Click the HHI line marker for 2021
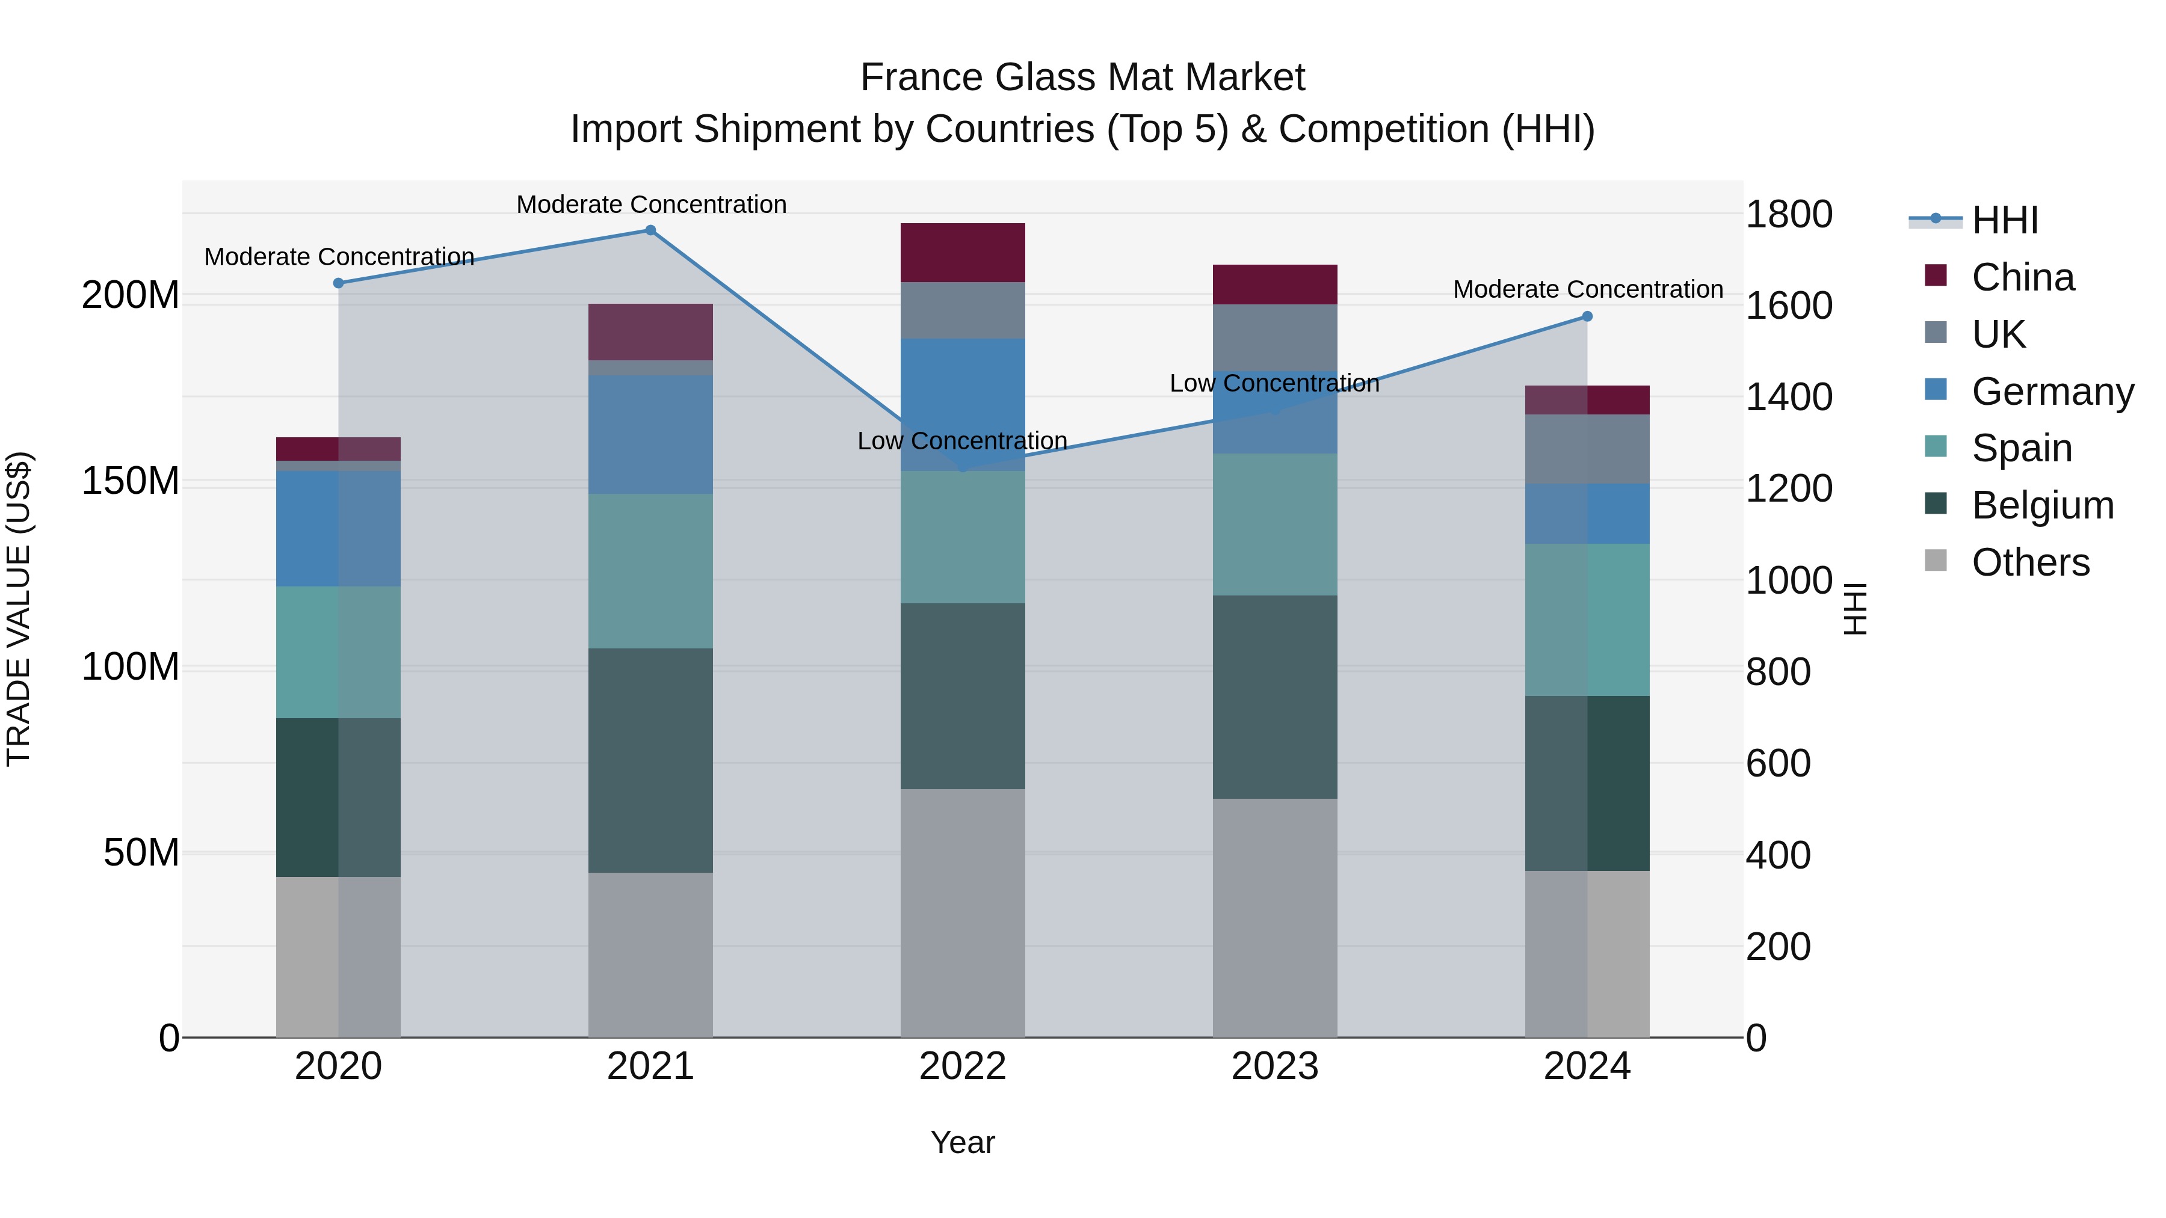point(650,230)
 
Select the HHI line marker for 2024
point(1587,317)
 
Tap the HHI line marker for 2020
point(338,283)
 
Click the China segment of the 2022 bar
point(962,252)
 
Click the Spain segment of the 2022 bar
point(962,537)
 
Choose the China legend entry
point(2022,277)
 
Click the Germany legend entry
point(2052,392)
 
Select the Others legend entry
point(2030,562)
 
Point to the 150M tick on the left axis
point(131,482)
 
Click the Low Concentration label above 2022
point(962,441)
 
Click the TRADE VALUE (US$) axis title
point(19,609)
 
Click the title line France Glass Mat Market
point(1082,78)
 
